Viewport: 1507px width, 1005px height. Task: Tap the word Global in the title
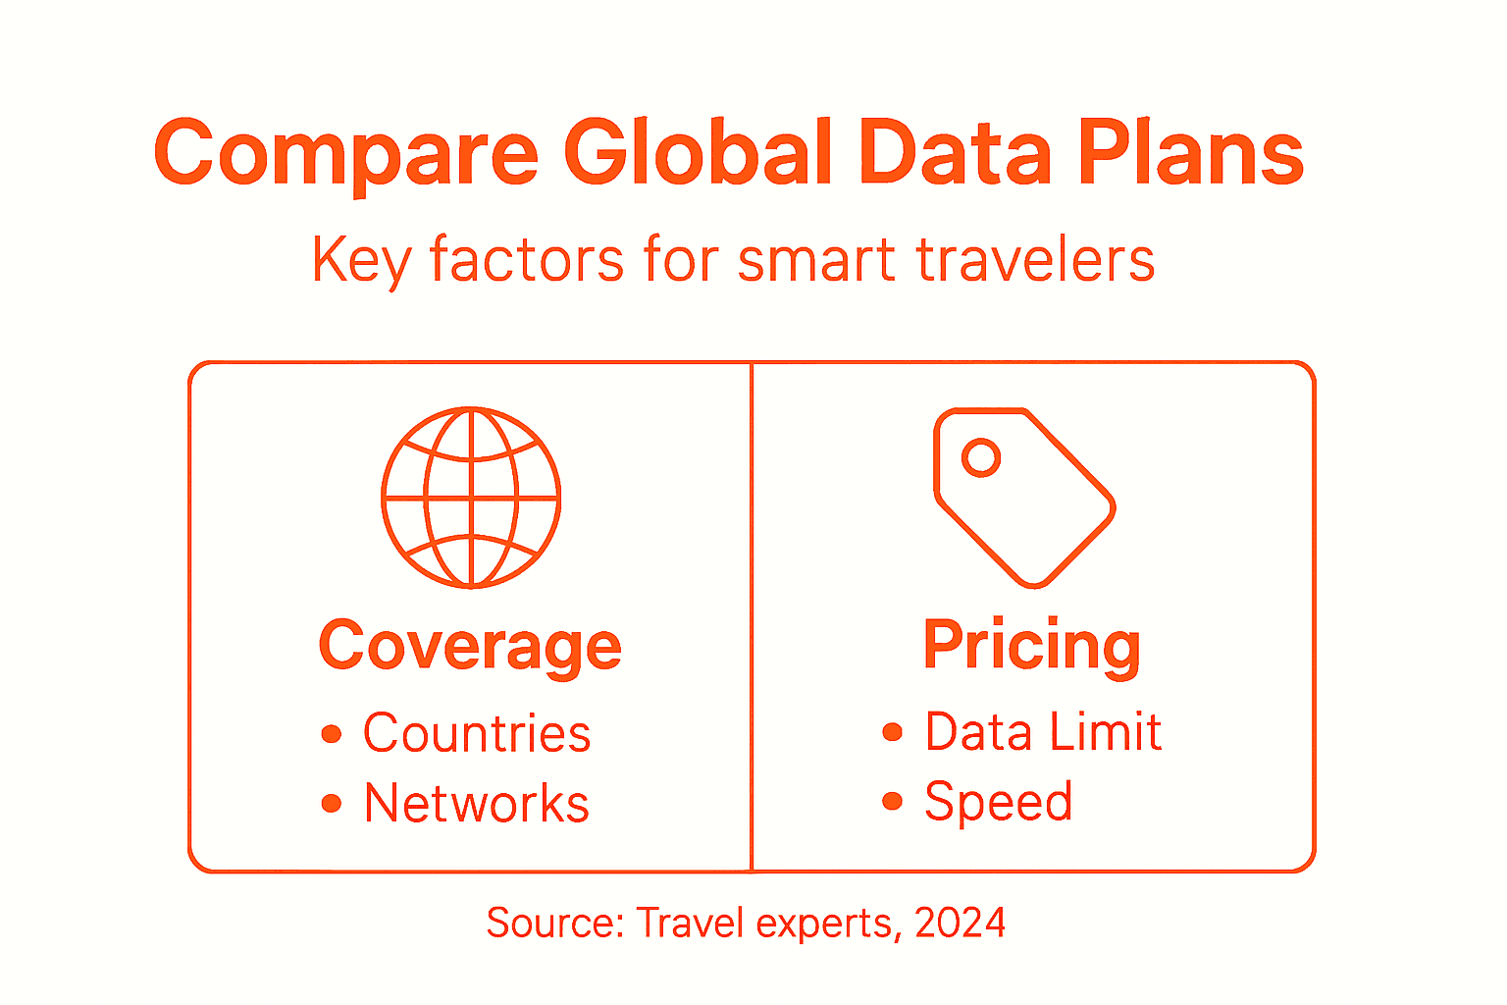pos(698,153)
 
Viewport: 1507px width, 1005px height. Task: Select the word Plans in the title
pos(1191,153)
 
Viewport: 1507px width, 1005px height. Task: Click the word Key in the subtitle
pos(359,260)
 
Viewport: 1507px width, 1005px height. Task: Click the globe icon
pos(471,498)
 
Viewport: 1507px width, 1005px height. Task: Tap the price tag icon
pos(1023,497)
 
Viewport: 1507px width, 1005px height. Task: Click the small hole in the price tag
pos(980,457)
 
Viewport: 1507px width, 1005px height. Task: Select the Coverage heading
pos(470,647)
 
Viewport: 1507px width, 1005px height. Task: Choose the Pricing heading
pos(1032,646)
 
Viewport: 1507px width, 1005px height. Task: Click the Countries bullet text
pos(477,733)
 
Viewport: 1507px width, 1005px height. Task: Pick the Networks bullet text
pos(477,804)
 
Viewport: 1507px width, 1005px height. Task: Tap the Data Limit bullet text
pos(1043,731)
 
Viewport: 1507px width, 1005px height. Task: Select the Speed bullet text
pos(999,802)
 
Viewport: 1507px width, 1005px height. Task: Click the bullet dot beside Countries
pos(332,734)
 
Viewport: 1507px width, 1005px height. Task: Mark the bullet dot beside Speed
pos(892,802)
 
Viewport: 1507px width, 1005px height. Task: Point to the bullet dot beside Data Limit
pos(892,732)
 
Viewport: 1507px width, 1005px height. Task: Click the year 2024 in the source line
pos(960,923)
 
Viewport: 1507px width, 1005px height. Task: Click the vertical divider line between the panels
pos(752,616)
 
